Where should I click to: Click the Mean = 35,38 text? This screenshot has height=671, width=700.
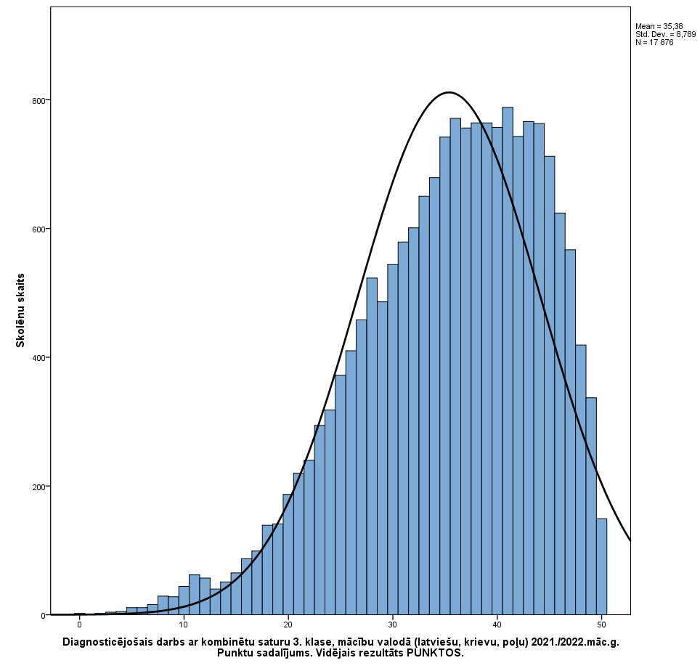[659, 26]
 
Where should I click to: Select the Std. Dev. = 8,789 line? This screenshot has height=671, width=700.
[665, 34]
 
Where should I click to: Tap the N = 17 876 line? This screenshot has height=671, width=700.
[654, 42]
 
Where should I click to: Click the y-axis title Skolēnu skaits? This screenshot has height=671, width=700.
[21, 310]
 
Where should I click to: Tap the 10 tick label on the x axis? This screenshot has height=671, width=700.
[184, 625]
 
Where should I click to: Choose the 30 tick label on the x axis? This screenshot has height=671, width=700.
[393, 625]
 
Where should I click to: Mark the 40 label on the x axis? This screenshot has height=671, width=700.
[497, 625]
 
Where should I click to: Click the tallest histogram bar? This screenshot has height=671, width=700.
[508, 363]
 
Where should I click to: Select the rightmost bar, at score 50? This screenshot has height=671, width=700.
[601, 566]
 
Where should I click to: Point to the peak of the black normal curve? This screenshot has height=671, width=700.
[449, 92]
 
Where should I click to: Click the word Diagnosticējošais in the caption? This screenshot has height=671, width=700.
[107, 643]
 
